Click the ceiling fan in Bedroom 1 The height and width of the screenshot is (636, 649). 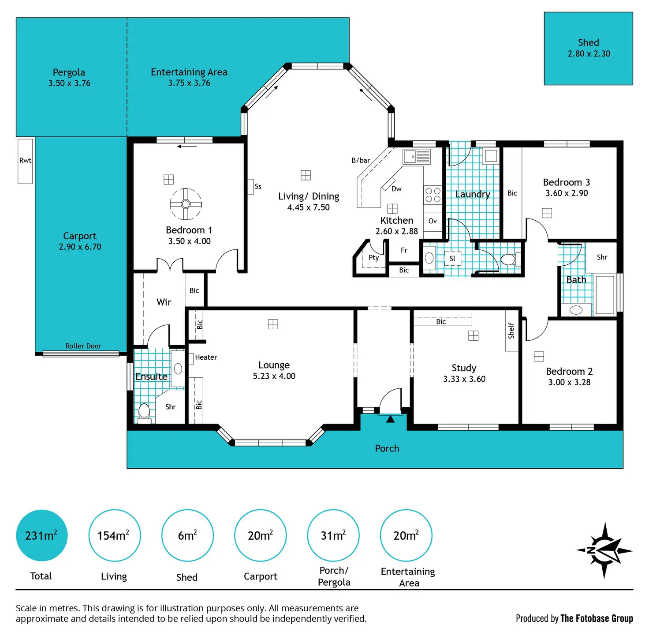point(186,204)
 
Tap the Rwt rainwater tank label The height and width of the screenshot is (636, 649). point(25,161)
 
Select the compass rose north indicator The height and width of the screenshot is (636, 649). point(604,550)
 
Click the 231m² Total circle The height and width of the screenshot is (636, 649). point(42,535)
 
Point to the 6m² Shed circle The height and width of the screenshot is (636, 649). point(187,535)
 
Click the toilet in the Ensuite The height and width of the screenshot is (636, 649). point(144,413)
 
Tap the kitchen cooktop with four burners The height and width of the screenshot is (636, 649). point(433,195)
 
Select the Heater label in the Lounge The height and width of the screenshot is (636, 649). point(206,357)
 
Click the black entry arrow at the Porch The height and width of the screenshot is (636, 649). point(390,419)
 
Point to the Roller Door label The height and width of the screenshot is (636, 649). point(83,346)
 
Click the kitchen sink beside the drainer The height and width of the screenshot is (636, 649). point(410,157)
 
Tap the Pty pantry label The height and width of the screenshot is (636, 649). point(373,258)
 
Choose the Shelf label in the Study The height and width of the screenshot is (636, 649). point(511,331)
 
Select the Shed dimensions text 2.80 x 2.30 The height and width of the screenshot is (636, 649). point(589,53)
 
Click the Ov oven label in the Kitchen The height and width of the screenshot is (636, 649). point(433,221)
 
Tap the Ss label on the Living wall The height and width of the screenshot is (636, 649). point(258,187)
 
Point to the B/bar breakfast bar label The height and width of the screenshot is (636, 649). point(361,161)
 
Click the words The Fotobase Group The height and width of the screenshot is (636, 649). point(597,618)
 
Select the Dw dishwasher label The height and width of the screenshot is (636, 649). point(396,189)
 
